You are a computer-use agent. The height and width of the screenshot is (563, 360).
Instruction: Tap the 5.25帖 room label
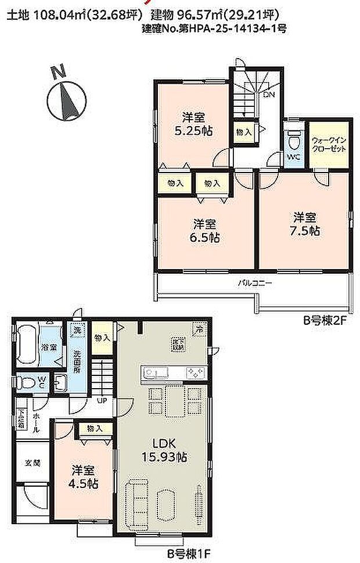192,124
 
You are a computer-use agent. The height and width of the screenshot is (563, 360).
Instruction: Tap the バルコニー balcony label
254,284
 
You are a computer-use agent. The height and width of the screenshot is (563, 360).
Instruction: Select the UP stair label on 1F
102,400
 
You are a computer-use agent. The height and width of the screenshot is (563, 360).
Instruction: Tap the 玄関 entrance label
32,464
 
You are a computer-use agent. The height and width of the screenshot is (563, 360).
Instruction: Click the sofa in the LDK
135,500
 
